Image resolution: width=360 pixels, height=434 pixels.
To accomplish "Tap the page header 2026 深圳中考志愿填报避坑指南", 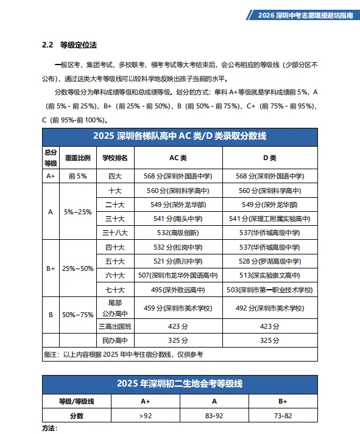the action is [x=304, y=16].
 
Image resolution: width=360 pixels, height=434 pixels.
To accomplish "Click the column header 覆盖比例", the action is [x=77, y=158].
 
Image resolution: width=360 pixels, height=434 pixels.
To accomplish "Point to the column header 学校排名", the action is [x=115, y=158].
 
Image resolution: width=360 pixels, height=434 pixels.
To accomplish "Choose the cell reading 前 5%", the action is [x=77, y=176].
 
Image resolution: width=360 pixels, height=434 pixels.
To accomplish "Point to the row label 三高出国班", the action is [x=115, y=326].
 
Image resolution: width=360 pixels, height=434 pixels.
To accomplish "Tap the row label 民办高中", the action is [x=115, y=340].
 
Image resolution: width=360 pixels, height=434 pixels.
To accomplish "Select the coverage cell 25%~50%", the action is [x=77, y=268].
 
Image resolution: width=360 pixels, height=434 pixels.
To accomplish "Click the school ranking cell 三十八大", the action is [x=115, y=233].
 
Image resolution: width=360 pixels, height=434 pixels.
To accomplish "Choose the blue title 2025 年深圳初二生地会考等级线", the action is [x=180, y=383].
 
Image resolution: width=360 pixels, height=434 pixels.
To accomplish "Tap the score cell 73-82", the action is [x=283, y=416].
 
